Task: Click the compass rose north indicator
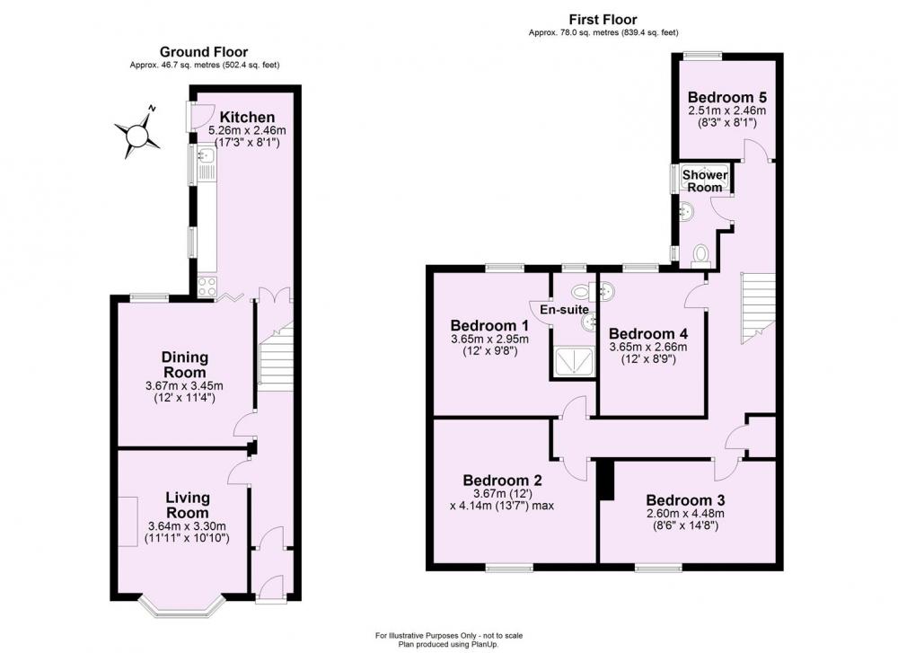[137, 133]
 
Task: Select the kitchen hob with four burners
[207, 287]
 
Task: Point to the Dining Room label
[185, 364]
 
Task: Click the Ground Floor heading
[204, 52]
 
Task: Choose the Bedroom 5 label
[726, 97]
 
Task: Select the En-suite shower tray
[573, 361]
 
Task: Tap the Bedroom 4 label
[648, 331]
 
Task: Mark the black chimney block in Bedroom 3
[605, 479]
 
